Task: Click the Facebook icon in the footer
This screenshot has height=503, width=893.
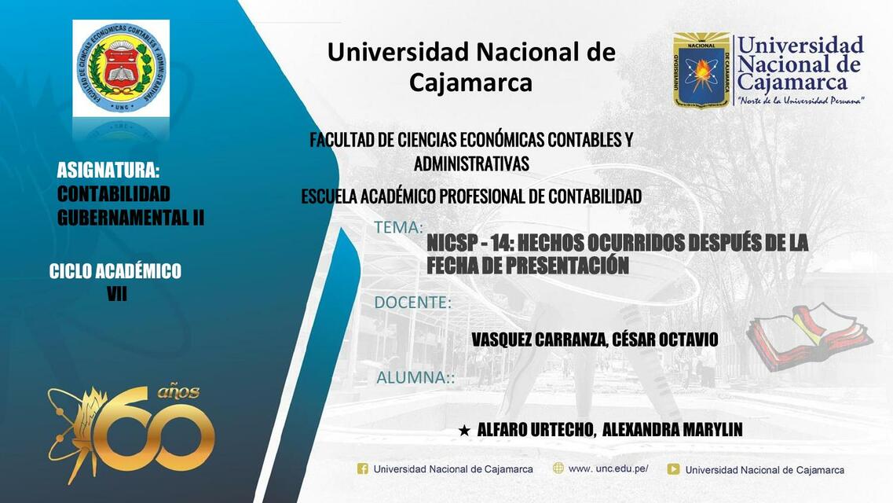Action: point(363,469)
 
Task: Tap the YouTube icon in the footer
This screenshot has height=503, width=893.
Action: point(673,469)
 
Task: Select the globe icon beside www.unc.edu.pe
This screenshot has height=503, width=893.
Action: point(558,468)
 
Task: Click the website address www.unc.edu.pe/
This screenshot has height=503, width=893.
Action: point(608,468)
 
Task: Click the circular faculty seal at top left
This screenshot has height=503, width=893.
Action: point(121,68)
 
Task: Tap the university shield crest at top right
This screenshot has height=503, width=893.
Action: point(701,70)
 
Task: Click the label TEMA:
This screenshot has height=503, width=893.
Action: point(398,228)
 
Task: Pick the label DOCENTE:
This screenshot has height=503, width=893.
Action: point(412,303)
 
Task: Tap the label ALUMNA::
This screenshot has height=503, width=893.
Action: point(415,377)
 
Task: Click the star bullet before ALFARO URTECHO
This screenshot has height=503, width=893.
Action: point(464,431)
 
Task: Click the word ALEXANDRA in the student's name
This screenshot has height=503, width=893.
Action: point(635,430)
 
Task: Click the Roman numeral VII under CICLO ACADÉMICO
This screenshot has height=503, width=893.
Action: point(116,295)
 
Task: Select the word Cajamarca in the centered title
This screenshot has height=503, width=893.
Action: point(470,82)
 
